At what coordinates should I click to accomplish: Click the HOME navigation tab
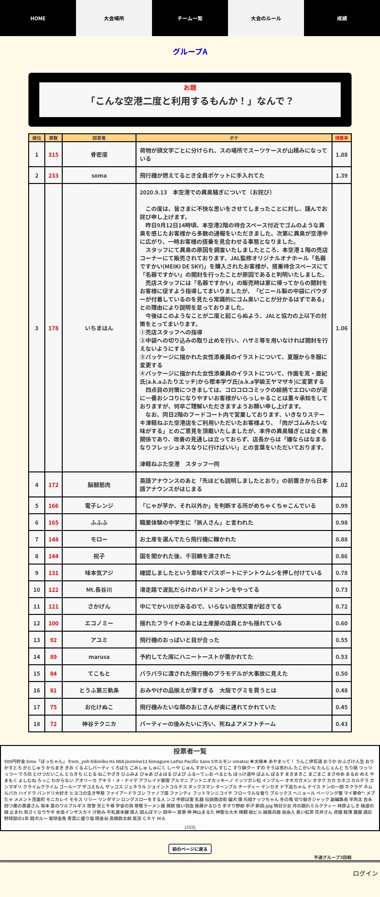[x=38, y=18]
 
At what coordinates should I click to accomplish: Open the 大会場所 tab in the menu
[x=114, y=18]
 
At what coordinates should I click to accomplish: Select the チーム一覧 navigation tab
[x=190, y=18]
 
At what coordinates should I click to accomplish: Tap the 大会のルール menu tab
[x=266, y=18]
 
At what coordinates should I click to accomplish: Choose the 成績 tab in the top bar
[x=342, y=18]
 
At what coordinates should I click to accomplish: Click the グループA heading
[x=190, y=52]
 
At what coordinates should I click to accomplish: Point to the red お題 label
[x=190, y=87]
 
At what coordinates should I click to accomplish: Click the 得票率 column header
[x=341, y=138]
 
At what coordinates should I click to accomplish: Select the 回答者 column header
[x=99, y=138]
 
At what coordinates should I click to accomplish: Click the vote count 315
[x=53, y=155]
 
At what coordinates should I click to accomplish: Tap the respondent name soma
[x=99, y=175]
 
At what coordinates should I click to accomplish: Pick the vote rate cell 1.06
[x=341, y=328]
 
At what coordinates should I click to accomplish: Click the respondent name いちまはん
[x=99, y=328]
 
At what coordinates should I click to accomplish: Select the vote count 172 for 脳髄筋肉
[x=53, y=485]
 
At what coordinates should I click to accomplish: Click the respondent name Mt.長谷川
[x=99, y=590]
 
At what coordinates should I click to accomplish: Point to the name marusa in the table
[x=99, y=657]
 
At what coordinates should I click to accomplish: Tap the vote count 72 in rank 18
[x=53, y=724]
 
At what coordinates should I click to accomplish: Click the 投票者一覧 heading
[x=190, y=751]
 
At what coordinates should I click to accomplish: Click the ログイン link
[x=365, y=873]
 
